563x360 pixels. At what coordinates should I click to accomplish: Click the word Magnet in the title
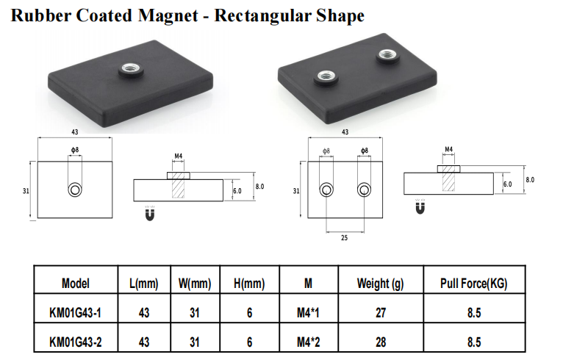(168, 15)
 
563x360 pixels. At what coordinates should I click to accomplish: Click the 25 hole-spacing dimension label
(344, 238)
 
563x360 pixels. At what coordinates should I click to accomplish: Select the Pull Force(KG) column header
(474, 284)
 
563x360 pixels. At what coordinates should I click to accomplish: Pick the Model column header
(76, 284)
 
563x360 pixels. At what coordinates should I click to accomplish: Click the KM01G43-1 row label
(76, 313)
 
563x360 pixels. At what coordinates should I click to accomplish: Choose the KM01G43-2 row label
(76, 342)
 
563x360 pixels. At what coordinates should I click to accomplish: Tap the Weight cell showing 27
(381, 313)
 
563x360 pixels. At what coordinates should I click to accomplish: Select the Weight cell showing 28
(381, 342)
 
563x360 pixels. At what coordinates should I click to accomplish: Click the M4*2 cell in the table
(309, 342)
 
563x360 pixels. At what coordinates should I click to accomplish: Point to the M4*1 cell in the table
(308, 313)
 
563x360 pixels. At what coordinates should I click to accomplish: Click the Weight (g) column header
(380, 284)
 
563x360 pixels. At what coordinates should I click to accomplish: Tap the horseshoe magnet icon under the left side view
(150, 213)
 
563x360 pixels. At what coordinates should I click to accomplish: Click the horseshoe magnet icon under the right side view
(420, 206)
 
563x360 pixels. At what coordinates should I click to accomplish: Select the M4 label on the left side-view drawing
(179, 156)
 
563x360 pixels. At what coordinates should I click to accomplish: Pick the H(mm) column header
(249, 284)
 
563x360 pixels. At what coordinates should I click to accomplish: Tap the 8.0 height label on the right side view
(530, 180)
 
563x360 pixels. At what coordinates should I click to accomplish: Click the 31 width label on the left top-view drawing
(26, 191)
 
